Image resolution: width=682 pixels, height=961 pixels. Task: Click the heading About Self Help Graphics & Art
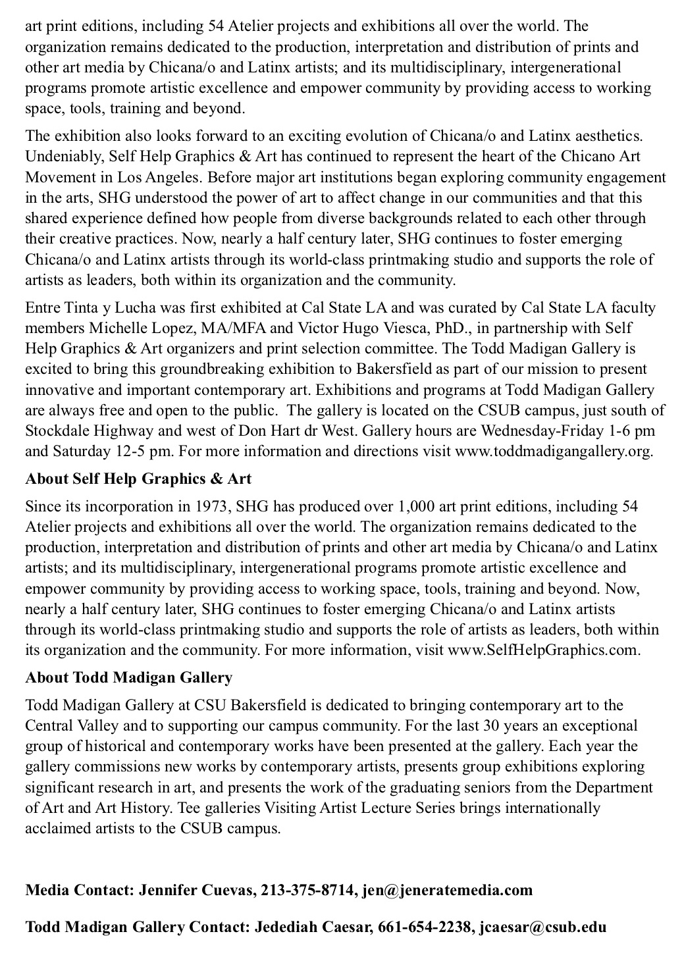point(138,479)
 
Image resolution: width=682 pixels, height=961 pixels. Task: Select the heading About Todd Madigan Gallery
point(129,677)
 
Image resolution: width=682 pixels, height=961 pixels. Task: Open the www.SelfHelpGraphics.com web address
point(542,650)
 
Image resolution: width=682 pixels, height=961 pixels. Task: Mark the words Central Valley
point(72,726)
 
